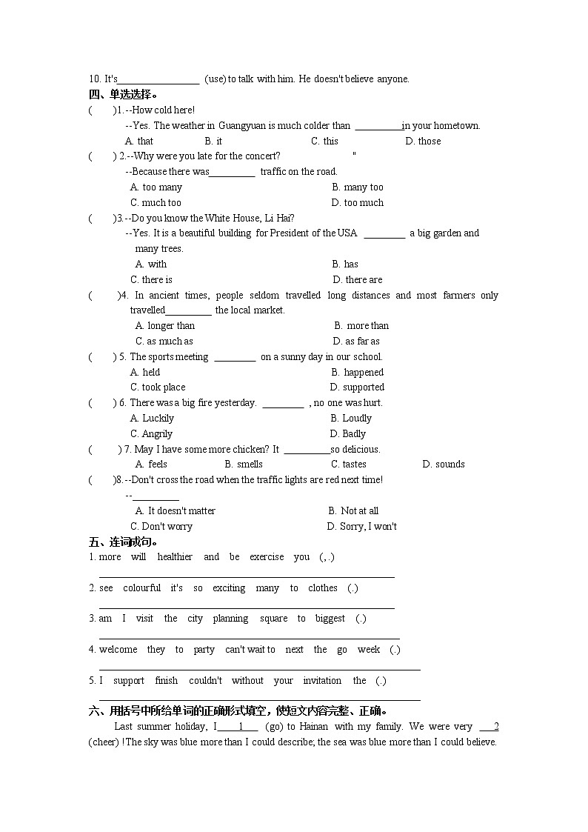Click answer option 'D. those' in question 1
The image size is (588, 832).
(423, 141)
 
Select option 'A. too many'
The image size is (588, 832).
(156, 187)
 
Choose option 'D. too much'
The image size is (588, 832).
(357, 202)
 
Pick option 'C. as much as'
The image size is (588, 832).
(164, 341)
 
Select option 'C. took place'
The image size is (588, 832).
(158, 387)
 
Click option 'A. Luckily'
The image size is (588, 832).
(152, 418)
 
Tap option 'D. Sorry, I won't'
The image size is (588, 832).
(362, 526)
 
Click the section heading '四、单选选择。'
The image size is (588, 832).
(123, 94)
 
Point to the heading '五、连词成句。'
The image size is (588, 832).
(123, 542)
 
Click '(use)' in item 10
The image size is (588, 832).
(215, 79)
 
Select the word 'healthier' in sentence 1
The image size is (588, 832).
(175, 556)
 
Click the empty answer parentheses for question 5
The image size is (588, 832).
(102, 356)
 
